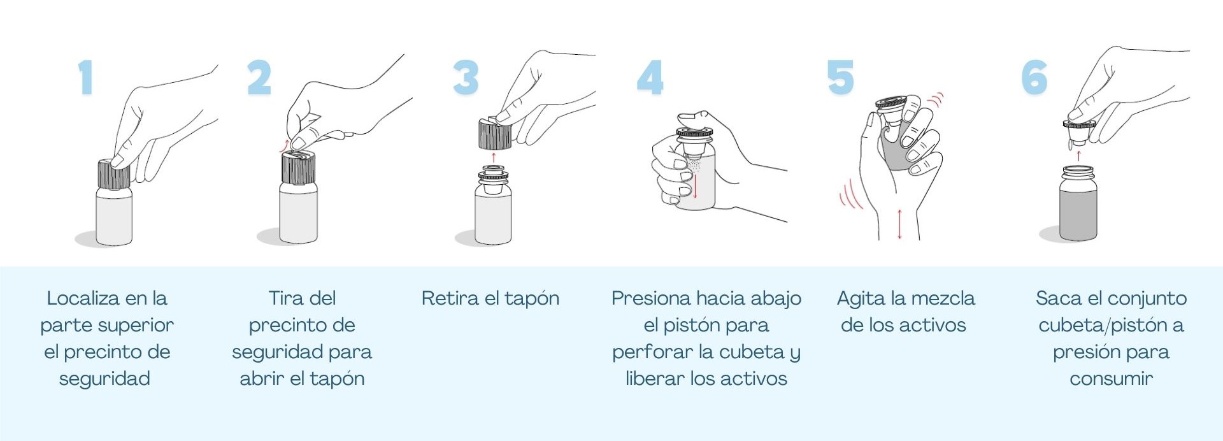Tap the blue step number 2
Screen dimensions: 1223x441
click(259, 78)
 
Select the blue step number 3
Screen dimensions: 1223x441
click(466, 78)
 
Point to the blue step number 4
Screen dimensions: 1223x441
click(650, 78)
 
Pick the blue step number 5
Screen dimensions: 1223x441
click(840, 78)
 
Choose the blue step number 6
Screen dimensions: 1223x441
click(1034, 78)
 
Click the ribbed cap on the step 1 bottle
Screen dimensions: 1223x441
click(114, 174)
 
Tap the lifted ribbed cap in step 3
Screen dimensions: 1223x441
click(495, 133)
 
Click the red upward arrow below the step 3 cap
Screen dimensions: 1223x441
click(494, 157)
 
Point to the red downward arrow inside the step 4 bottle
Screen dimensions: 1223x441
click(695, 185)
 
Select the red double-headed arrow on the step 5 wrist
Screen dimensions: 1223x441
click(899, 224)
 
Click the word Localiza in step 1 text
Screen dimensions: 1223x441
click(83, 298)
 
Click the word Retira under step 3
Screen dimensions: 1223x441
click(450, 298)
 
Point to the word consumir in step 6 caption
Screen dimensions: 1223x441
click(1111, 379)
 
